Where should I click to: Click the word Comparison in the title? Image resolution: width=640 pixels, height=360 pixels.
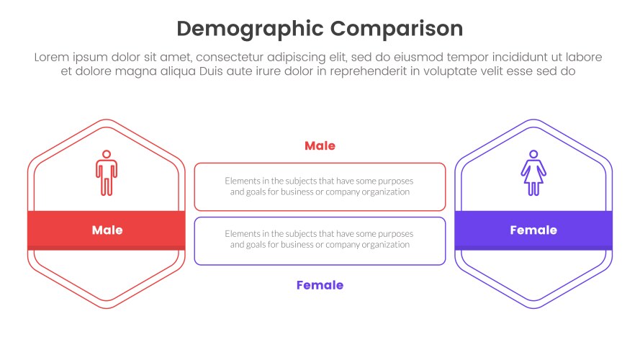click(x=397, y=29)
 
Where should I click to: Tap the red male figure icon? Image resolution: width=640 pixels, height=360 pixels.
click(x=106, y=173)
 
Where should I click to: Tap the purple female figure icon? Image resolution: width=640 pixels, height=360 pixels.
click(x=533, y=173)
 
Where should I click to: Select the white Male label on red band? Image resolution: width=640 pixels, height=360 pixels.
click(x=107, y=230)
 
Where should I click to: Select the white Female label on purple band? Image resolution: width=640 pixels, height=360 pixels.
click(x=533, y=230)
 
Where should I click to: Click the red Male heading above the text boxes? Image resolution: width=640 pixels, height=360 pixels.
click(x=320, y=146)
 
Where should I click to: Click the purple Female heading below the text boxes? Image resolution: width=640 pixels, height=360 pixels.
click(x=320, y=285)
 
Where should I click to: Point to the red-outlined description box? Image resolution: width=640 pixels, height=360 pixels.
click(x=320, y=187)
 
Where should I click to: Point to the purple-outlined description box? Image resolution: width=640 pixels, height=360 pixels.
click(x=320, y=240)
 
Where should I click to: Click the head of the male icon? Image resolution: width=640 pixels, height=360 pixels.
click(x=106, y=154)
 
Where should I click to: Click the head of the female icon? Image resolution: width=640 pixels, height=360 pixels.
click(x=533, y=154)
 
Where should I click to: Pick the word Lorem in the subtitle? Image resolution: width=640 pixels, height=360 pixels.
click(x=51, y=58)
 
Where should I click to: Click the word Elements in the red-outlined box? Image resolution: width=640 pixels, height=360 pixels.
click(x=242, y=181)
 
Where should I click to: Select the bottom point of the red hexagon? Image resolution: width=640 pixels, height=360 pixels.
click(x=107, y=308)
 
